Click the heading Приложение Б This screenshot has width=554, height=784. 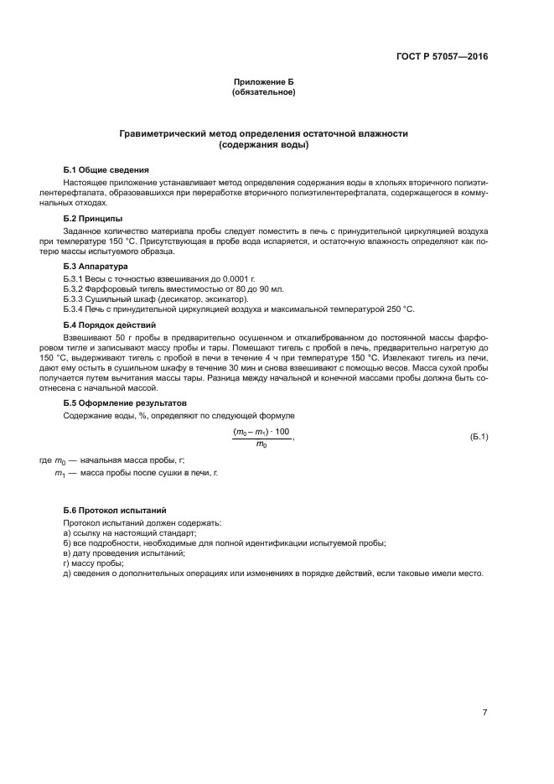[264, 81]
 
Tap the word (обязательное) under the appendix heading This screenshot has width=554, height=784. [264, 91]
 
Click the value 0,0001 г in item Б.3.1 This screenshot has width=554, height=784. [210, 277]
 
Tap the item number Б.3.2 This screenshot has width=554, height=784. [76, 288]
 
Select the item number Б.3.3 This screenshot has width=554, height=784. [76, 299]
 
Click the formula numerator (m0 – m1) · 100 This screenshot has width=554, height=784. [261, 431]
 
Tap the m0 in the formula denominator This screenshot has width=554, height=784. [261, 444]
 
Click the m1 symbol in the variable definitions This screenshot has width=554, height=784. [60, 474]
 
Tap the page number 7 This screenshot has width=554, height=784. [484, 689]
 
